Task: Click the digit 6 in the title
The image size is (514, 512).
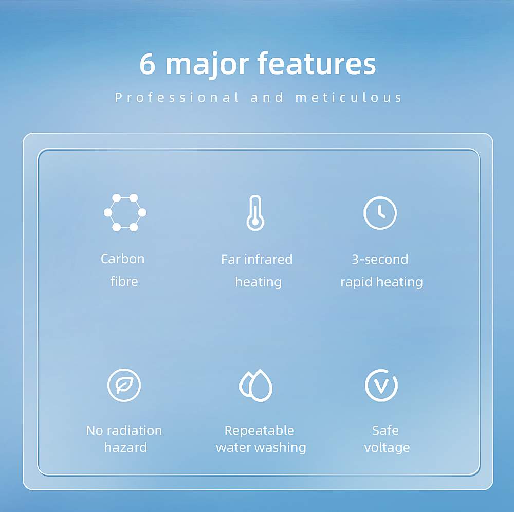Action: tap(147, 64)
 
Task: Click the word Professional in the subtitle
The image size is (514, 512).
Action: tap(177, 98)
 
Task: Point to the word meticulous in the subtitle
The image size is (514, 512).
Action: tap(348, 97)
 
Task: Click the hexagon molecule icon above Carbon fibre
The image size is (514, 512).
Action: tap(125, 212)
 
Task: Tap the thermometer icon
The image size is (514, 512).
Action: tap(255, 213)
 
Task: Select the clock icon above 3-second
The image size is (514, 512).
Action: tap(380, 213)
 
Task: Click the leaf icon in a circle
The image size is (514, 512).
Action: tap(124, 385)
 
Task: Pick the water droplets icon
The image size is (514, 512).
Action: tap(255, 385)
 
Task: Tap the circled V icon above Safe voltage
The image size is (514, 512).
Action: tap(381, 385)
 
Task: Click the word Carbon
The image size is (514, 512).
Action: tap(123, 259)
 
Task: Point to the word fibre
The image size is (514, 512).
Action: tap(124, 281)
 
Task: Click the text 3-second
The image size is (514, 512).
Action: tap(380, 259)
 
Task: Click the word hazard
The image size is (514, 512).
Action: tap(125, 447)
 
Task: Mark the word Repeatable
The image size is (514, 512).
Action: tap(259, 431)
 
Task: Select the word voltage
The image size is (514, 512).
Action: tap(387, 448)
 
